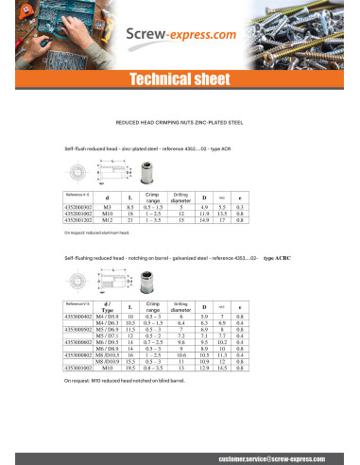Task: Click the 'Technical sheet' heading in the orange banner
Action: (180, 77)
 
